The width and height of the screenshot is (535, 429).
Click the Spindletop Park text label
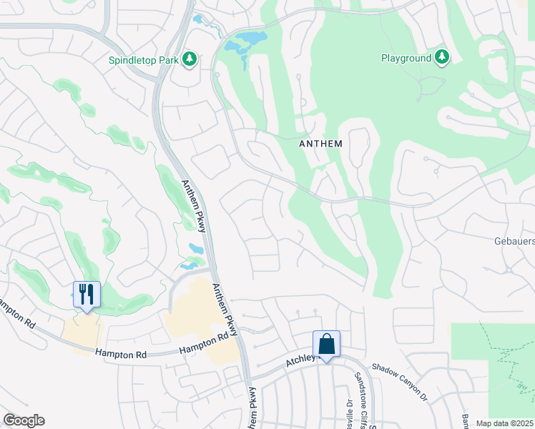click(143, 61)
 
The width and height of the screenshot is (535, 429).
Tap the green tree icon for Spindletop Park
click(190, 59)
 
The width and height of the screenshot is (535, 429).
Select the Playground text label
click(406, 58)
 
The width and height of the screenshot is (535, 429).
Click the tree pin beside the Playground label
click(442, 57)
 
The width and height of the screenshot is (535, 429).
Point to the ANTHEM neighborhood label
click(320, 144)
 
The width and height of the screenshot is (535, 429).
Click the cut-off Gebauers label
click(514, 242)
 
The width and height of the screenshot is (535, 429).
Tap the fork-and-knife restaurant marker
click(87, 295)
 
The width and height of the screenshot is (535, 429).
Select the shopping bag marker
click(326, 344)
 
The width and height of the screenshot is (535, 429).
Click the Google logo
click(24, 420)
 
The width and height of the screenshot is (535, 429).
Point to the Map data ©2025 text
click(504, 423)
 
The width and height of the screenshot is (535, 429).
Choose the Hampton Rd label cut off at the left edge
click(17, 312)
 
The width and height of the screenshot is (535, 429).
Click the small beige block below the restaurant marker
click(82, 333)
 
